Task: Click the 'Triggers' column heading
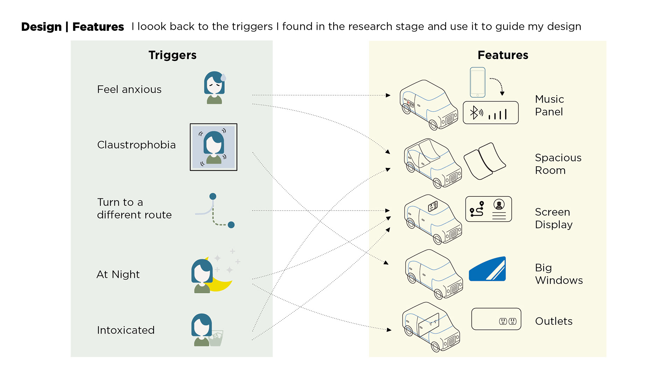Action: tap(172, 55)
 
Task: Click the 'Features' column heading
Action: tap(503, 55)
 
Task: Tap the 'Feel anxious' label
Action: tap(129, 90)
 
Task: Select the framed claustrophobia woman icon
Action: tap(213, 147)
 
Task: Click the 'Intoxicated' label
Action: tap(126, 330)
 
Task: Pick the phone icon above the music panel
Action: tap(477, 82)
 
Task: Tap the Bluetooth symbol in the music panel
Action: tap(474, 113)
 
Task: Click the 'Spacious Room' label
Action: tap(558, 164)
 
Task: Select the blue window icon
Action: tap(487, 269)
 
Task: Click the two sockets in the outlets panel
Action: tap(507, 321)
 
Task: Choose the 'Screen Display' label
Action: tap(553, 218)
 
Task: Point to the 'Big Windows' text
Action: tap(559, 274)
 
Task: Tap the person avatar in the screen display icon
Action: tap(499, 204)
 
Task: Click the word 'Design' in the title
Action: tap(41, 27)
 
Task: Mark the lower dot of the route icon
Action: tap(231, 225)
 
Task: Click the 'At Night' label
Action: tap(118, 274)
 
